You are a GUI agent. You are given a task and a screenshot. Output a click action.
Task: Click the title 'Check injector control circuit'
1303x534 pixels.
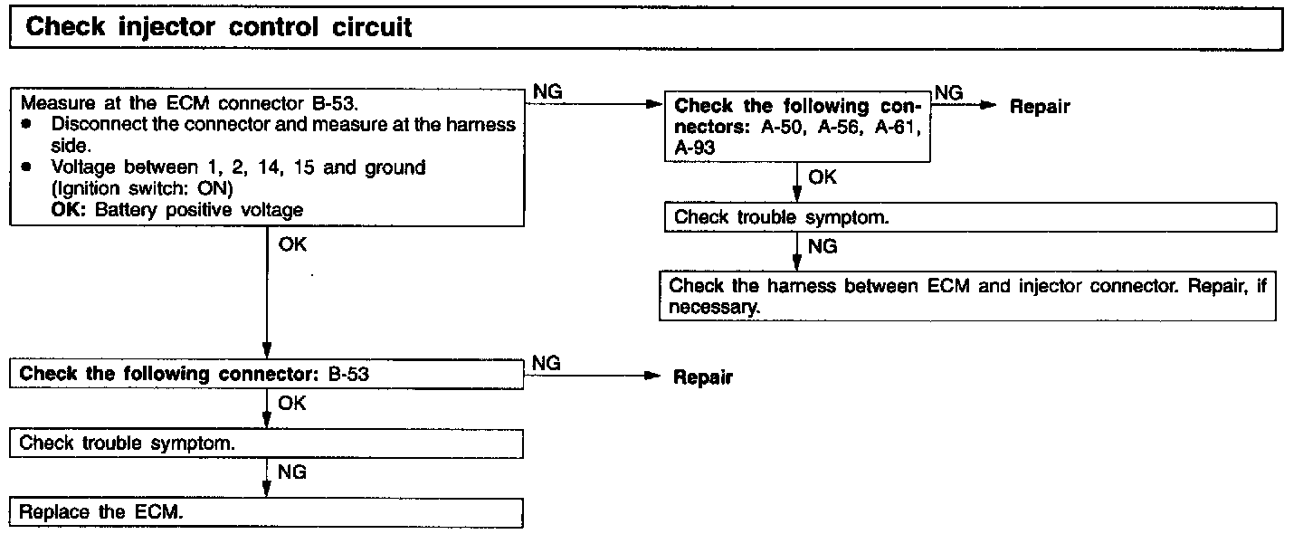(219, 27)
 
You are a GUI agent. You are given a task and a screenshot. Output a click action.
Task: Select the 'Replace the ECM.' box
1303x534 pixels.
(267, 511)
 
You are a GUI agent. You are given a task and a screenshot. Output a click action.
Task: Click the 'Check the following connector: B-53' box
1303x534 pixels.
(267, 373)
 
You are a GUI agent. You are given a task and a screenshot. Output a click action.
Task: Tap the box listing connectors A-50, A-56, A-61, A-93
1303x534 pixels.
(797, 127)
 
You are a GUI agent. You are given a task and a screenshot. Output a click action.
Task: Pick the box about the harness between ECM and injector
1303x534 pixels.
(967, 295)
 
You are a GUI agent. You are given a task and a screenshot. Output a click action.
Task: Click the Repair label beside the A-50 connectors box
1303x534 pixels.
(1040, 107)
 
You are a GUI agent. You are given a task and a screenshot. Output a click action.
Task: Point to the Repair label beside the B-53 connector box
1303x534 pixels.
(703, 377)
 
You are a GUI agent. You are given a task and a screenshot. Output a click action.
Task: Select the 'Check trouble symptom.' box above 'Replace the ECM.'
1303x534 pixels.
(267, 443)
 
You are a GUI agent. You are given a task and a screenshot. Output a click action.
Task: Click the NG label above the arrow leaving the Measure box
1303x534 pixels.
(548, 91)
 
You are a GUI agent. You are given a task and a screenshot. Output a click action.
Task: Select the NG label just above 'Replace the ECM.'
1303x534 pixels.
(291, 472)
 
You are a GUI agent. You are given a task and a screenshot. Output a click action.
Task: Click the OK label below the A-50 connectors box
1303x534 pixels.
(823, 177)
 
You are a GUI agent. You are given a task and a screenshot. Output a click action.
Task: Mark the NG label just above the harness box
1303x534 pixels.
(823, 246)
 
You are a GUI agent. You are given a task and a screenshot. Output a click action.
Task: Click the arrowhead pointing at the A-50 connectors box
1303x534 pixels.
(657, 104)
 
